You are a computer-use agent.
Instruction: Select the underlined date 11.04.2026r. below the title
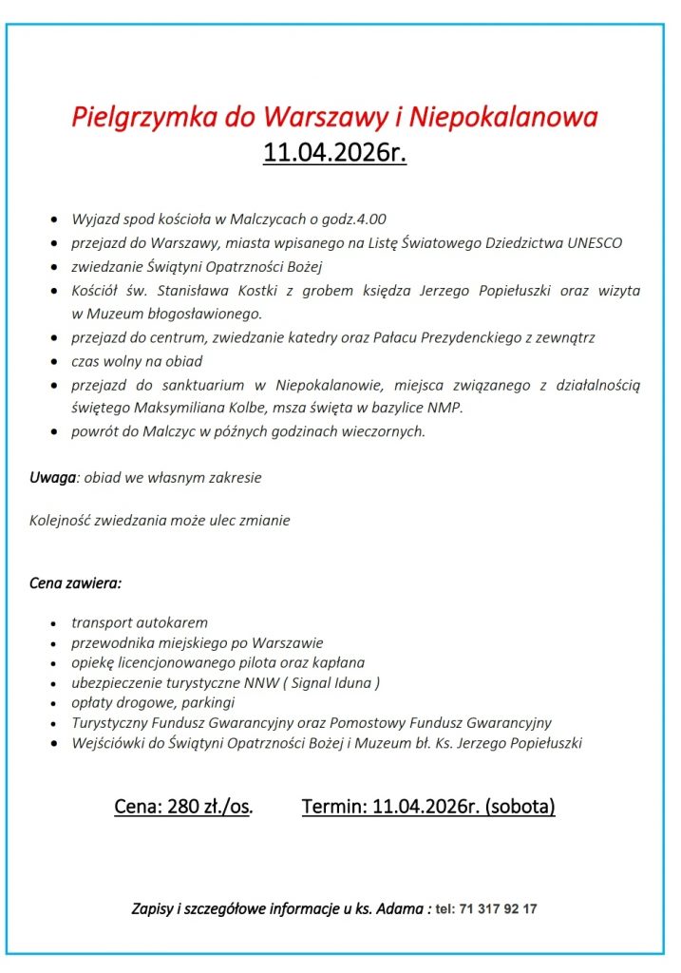335,152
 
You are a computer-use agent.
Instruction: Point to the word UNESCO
595,242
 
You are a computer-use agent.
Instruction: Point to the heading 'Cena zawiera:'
76,582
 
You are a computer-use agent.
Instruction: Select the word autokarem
173,623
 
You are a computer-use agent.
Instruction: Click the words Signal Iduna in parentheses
331,682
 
